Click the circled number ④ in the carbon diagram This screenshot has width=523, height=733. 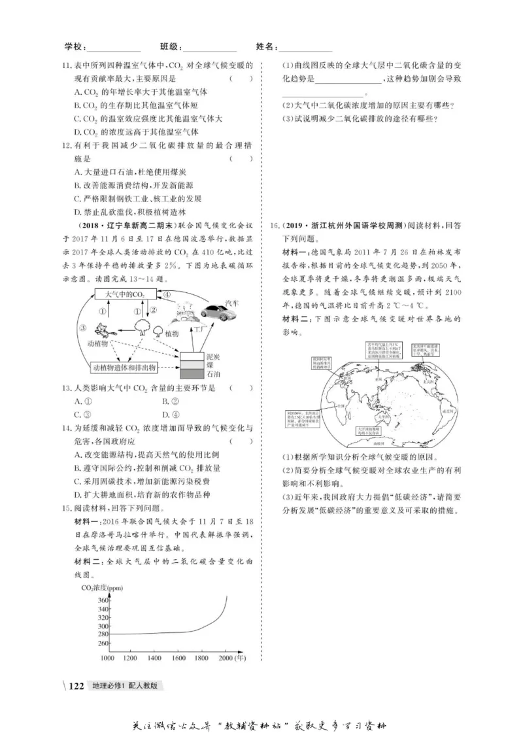[167, 295]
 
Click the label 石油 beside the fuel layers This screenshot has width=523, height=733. [214, 375]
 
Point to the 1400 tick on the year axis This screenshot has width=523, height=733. [155, 656]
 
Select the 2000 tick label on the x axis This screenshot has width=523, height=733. [226, 656]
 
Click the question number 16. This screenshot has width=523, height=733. [275, 226]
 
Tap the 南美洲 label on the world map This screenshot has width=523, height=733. [448, 413]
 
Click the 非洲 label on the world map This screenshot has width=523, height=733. [341, 405]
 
